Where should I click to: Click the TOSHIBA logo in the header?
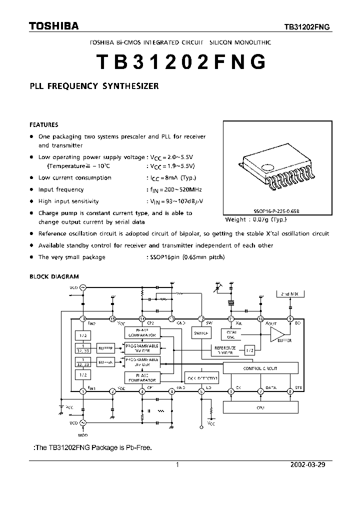[53, 26]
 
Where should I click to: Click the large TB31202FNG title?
[180, 62]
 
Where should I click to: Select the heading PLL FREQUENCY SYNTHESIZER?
[94, 86]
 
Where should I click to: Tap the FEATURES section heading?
[44, 125]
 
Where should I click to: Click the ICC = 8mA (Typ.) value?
[174, 177]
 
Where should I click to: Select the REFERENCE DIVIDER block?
[225, 350]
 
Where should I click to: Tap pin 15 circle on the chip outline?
[113, 318]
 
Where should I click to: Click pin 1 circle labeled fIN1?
[83, 391]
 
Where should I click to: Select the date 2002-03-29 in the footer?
[307, 464]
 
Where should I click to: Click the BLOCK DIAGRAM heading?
[54, 276]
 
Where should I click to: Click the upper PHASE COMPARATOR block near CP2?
[142, 332]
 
